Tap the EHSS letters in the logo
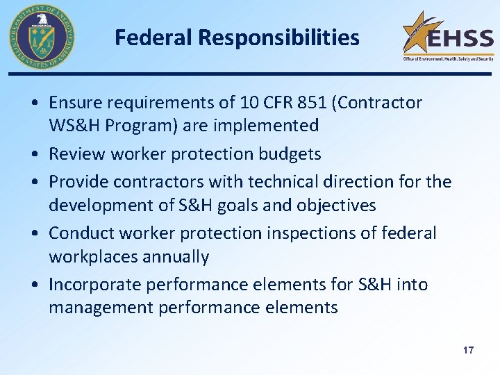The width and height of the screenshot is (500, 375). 460,37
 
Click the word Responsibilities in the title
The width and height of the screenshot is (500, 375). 281,37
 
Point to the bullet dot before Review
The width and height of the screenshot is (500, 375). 33,154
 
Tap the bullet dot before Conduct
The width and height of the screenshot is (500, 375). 33,234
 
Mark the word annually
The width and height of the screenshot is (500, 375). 176,257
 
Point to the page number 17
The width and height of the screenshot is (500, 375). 468,350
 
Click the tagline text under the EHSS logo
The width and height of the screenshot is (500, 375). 448,59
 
